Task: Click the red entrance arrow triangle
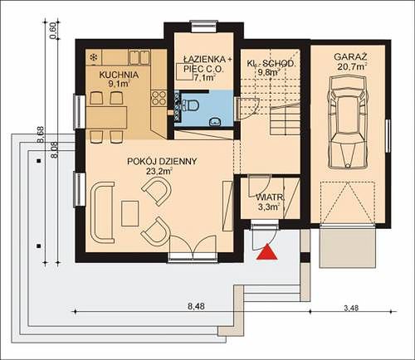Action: coord(266,252)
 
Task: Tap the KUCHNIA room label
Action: coord(119,75)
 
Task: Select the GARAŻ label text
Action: coord(350,57)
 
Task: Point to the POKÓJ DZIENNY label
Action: coord(162,161)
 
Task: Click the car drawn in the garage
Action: coord(348,122)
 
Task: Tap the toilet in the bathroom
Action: coord(191,105)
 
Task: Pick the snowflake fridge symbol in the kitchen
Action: coord(94,57)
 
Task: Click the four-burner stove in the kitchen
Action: coord(159,98)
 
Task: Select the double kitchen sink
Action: coord(139,57)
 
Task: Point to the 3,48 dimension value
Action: coord(351,308)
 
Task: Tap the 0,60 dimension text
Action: coord(54,31)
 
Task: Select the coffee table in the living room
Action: coord(129,213)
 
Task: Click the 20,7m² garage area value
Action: coord(352,66)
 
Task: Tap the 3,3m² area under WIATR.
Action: coord(269,207)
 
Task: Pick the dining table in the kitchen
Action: coord(106,117)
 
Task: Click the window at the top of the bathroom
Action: coord(204,27)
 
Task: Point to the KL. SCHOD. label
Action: coord(271,63)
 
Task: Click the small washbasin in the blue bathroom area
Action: coord(214,122)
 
